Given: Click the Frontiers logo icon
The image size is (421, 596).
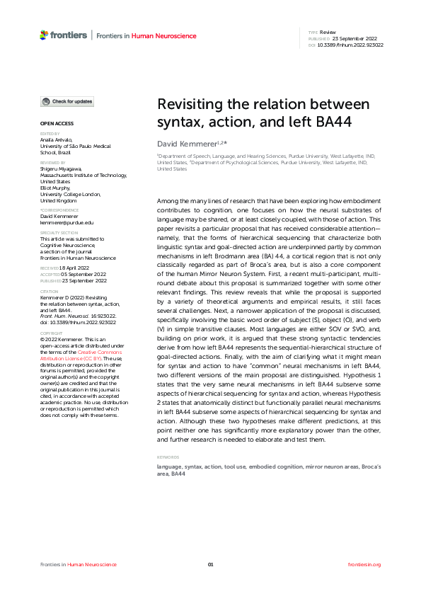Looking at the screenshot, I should pos(45,35).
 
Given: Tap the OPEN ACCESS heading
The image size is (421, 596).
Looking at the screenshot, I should pos(56,123).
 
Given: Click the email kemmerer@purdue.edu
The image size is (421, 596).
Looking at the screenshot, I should pos(67,222).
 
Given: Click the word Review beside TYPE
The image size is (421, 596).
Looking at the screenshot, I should pos(329,33).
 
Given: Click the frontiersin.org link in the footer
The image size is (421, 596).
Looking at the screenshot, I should pos(365,564).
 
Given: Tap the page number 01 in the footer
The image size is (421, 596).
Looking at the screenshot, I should pos(210,564).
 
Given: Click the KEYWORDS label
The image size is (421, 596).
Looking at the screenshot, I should pos(168,457).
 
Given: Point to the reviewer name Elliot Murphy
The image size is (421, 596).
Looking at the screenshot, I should pos(56,188).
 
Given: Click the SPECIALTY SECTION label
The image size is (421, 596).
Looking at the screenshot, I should pos(59,232).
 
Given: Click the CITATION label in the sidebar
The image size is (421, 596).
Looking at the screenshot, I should pos(50,291).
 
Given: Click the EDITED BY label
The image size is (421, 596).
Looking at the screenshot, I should pos(50,133).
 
